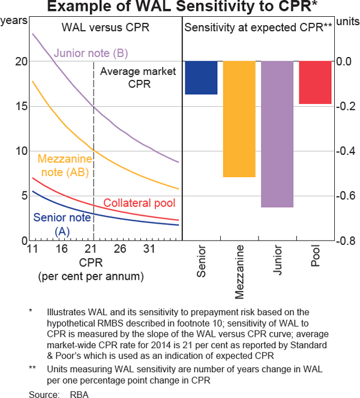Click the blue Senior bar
point(201,77)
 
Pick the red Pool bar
point(315,82)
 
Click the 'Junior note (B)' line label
point(91,53)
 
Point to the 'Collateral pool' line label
point(139,204)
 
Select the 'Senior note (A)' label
point(62,224)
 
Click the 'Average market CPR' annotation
point(138,77)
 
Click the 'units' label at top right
point(346,20)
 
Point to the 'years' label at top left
point(14,20)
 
